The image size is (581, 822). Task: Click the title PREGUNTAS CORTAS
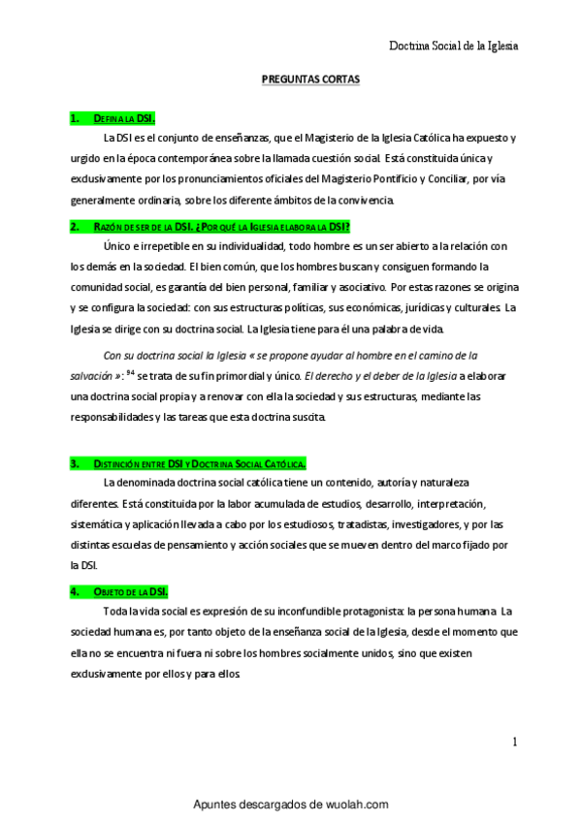(311, 84)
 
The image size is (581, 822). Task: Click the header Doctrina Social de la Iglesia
(453, 46)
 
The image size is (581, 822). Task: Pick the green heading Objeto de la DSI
(131, 591)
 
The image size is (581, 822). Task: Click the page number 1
(515, 743)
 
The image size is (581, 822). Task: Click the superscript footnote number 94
(130, 371)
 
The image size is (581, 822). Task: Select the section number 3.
(74, 464)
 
